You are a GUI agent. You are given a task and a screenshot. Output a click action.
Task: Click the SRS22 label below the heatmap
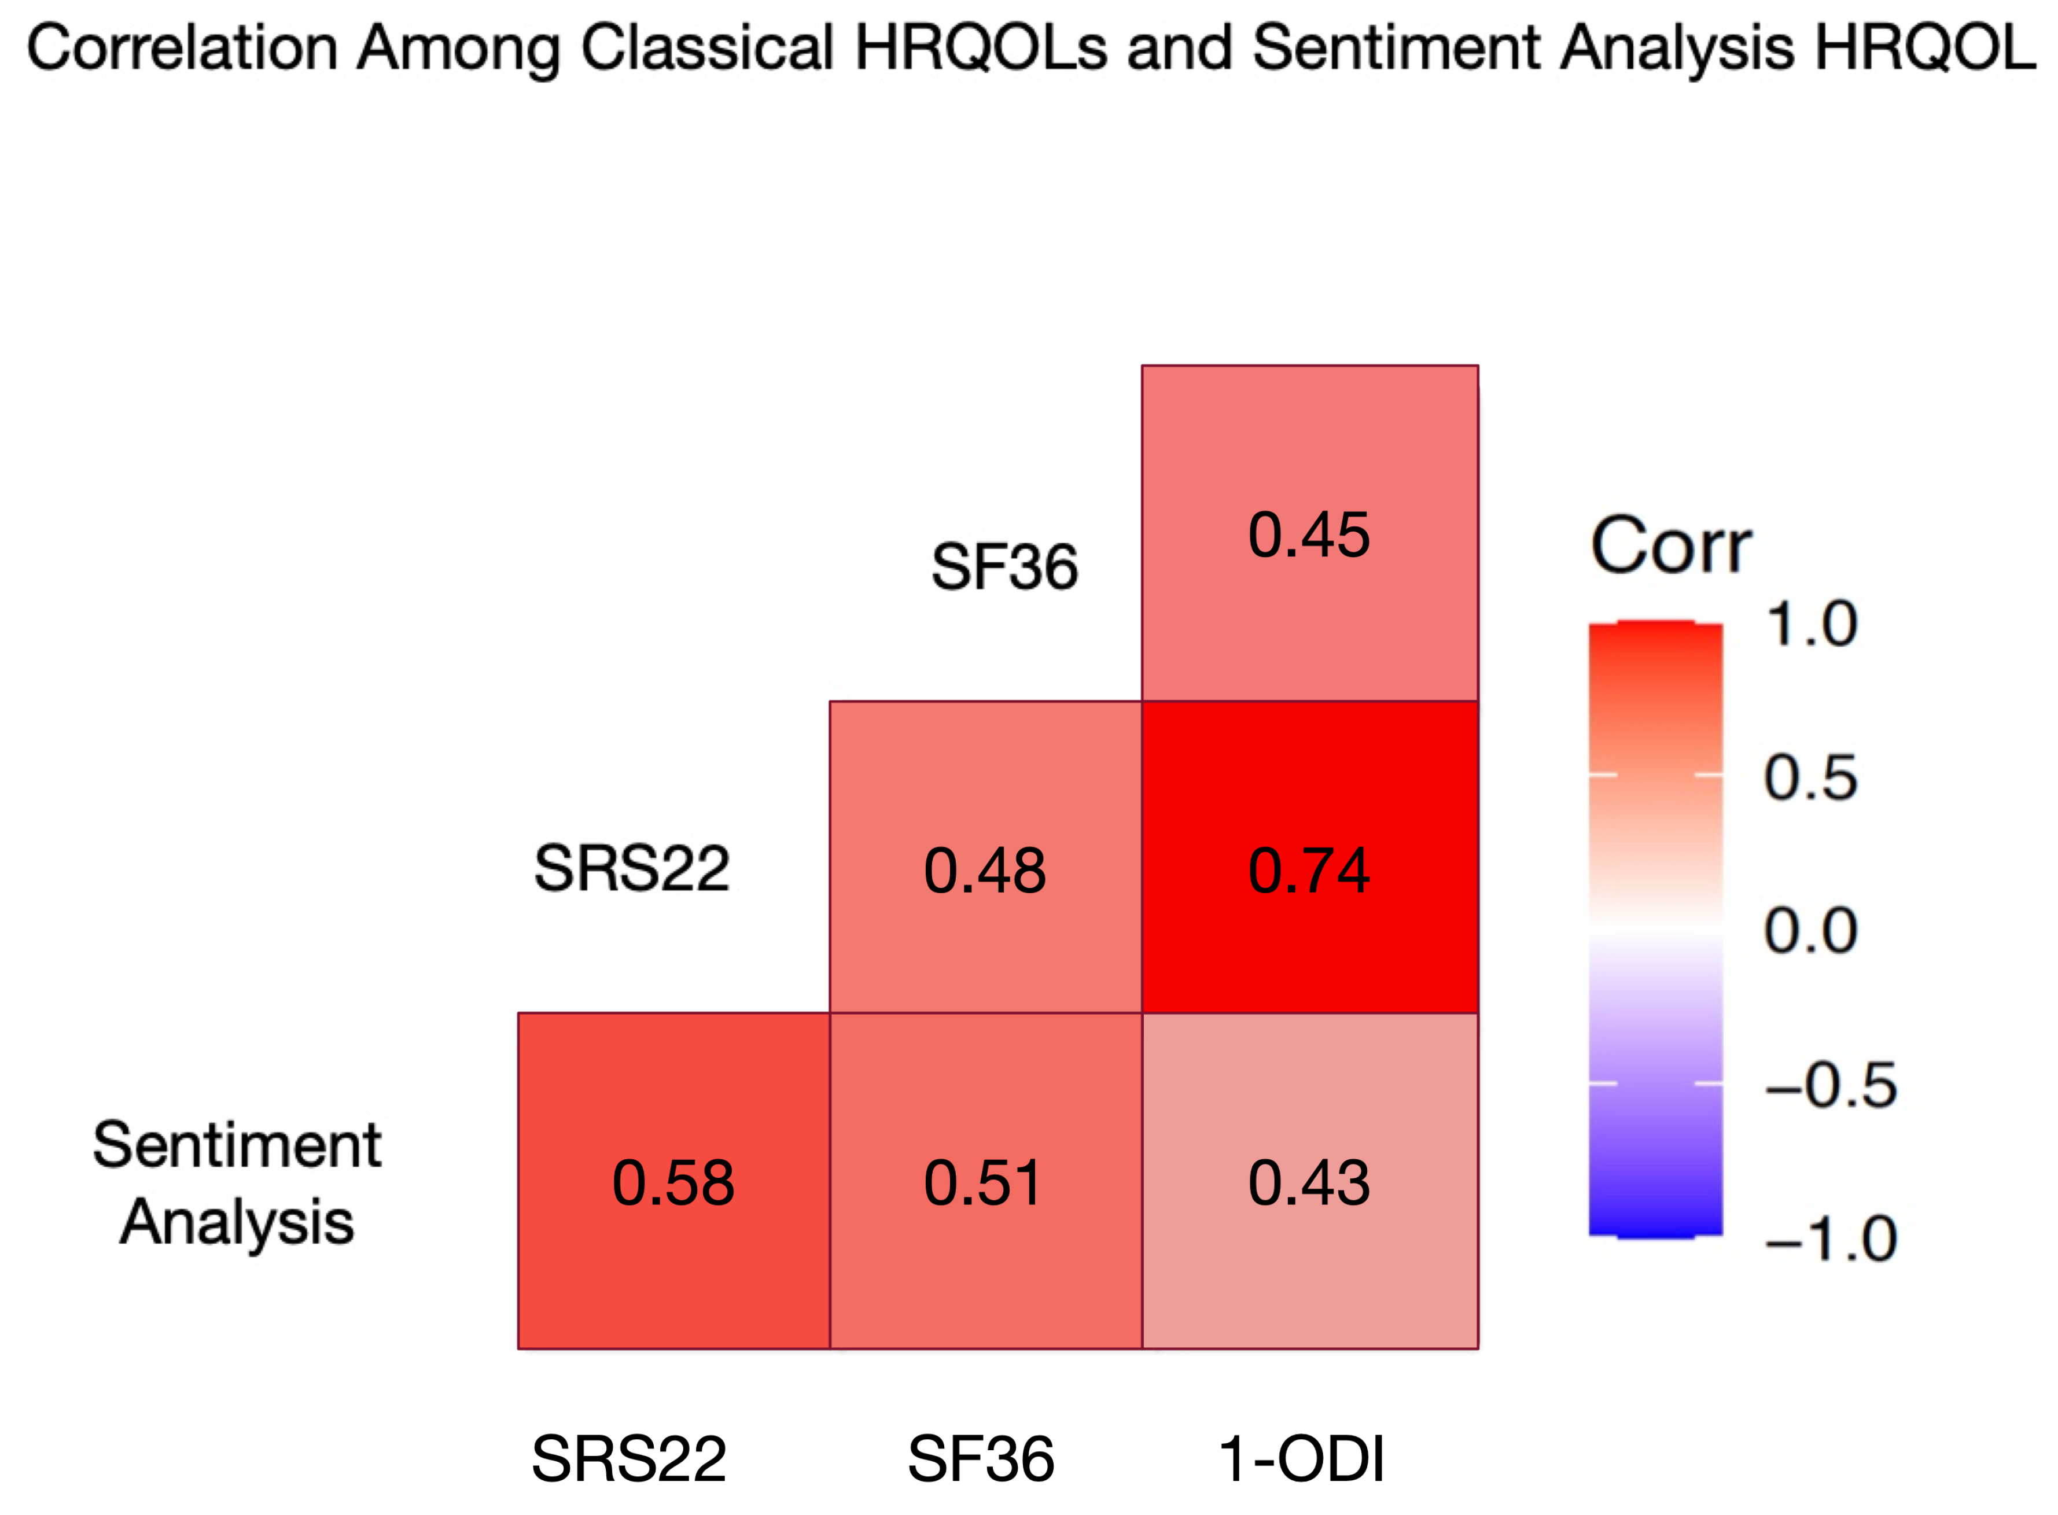[x=629, y=1458]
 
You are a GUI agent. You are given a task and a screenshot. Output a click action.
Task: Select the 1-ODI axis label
[x=1301, y=1458]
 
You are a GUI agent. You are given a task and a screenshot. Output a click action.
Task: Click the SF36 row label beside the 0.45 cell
[x=1004, y=566]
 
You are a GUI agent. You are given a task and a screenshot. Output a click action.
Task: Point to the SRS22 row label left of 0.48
[x=632, y=868]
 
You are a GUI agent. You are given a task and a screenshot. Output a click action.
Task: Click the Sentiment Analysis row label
[x=237, y=1183]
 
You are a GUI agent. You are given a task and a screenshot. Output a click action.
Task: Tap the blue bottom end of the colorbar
[x=1655, y=1224]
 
